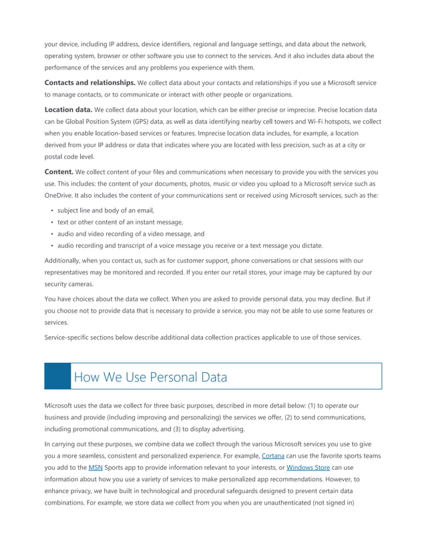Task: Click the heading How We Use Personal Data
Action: click(x=150, y=377)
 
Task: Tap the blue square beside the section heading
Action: click(x=57, y=376)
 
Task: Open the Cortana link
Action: click(x=272, y=456)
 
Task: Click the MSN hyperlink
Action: click(x=95, y=468)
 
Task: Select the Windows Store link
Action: click(x=308, y=468)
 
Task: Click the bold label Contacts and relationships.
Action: click(x=89, y=83)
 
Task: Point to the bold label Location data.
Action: click(x=68, y=109)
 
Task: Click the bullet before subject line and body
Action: click(x=52, y=211)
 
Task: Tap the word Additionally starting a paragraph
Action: click(x=66, y=261)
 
